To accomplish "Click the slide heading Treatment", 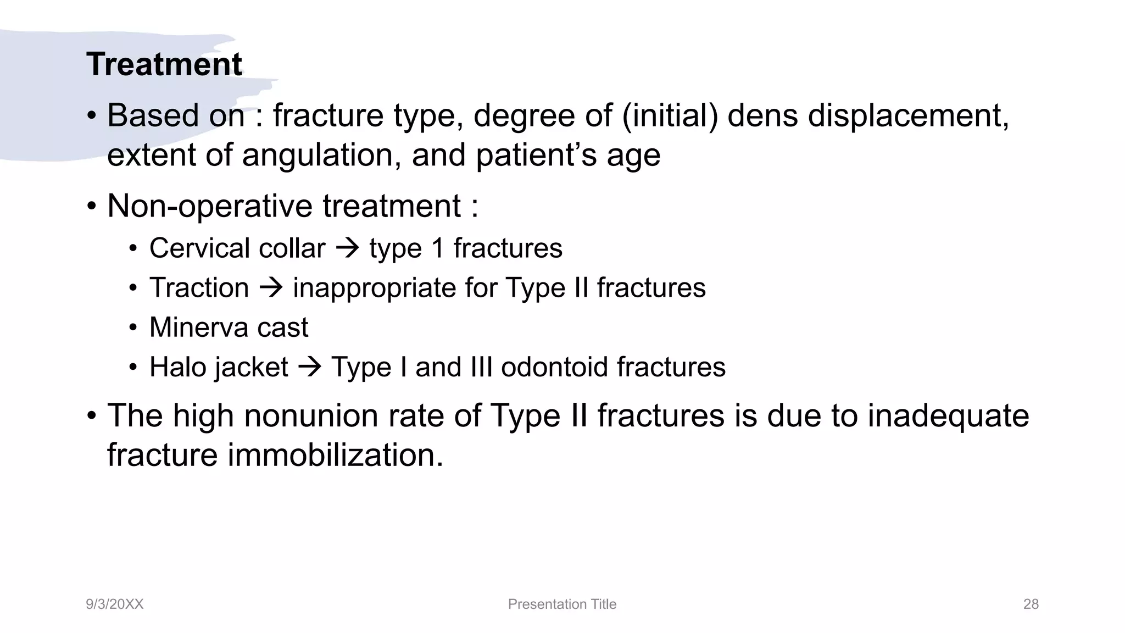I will pos(164,64).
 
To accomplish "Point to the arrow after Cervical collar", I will pos(347,248).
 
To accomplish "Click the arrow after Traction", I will pos(271,288).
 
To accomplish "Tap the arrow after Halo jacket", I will pos(310,367).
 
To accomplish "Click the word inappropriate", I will pos(374,288).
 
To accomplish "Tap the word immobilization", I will pos(335,455).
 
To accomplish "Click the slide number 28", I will pos(1031,604).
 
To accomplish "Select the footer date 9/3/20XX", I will pos(114,604).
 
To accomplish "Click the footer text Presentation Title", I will pos(562,604).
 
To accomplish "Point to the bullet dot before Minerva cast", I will pos(133,328).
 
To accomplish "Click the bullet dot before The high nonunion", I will pos(92,416).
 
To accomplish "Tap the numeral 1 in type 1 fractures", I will pos(437,248).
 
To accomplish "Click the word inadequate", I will pos(948,415).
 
